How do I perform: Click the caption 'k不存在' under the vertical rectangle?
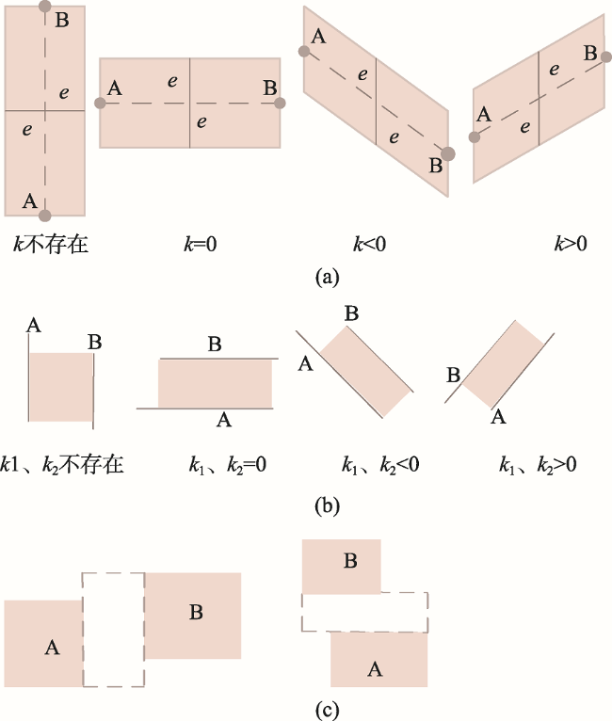[51, 244]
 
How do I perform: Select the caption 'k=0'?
[201, 244]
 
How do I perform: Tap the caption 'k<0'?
[370, 244]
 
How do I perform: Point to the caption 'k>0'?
[571, 244]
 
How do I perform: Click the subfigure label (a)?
[328, 277]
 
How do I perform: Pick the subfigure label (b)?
[328, 505]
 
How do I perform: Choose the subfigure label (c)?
[328, 711]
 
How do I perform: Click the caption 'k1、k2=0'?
[228, 465]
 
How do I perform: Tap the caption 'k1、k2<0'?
[380, 465]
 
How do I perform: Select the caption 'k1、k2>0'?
[538, 465]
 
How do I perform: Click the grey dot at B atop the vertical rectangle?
[45, 6]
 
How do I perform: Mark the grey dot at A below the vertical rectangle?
[45, 215]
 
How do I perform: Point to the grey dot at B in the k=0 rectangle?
[280, 103]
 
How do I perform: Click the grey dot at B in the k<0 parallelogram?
[448, 154]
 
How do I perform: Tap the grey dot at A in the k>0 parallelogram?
[474, 136]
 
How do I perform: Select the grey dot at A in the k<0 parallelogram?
[304, 51]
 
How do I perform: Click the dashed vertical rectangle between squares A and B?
[83, 630]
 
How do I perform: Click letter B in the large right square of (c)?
[196, 612]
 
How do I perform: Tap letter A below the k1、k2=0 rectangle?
[224, 420]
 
